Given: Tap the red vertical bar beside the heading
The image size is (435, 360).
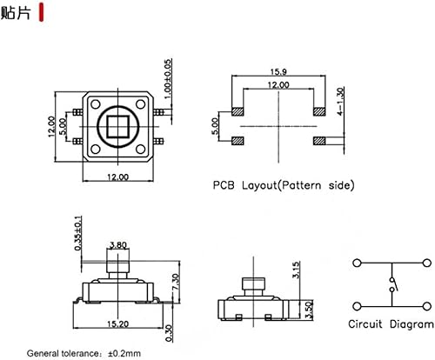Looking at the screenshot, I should [x=43, y=14].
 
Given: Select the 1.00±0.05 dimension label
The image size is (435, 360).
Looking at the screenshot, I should [x=169, y=77].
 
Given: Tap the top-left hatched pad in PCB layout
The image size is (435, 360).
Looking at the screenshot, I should [x=237, y=112].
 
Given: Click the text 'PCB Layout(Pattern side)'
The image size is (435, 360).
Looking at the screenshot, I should [x=283, y=185].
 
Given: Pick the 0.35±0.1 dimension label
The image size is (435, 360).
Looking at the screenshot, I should [x=77, y=233].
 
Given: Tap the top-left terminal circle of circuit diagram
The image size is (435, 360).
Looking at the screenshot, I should [x=358, y=263].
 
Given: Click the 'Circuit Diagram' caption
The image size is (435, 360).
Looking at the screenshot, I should [x=389, y=324].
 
